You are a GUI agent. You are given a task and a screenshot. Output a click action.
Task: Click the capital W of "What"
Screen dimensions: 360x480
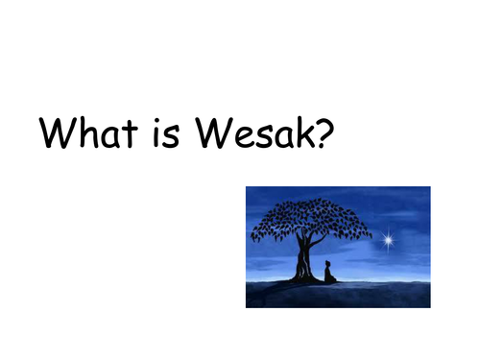55,134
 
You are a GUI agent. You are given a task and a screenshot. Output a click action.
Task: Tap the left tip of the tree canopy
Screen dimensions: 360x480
252,236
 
